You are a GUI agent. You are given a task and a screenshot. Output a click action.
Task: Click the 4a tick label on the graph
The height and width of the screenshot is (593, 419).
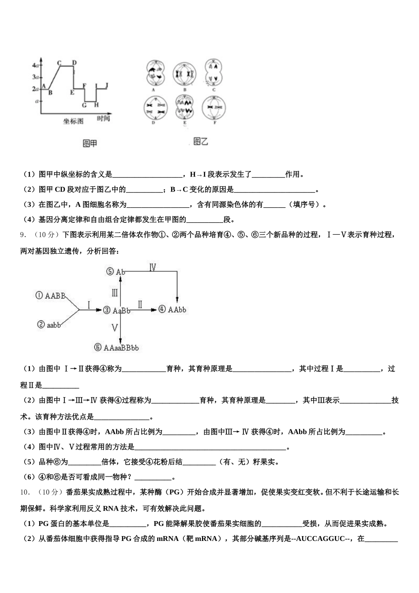pos(36,65)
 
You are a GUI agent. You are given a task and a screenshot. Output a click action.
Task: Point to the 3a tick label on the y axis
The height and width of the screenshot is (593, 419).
pos(36,77)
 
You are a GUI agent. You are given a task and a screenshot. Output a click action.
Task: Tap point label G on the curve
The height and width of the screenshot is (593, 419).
pos(84,105)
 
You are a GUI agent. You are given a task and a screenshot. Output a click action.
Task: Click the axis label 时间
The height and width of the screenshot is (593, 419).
pos(103,119)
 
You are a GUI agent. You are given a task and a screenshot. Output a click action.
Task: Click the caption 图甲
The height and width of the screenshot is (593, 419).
pos(90,143)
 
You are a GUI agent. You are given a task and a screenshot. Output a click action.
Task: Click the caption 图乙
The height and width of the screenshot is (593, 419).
pos(201,141)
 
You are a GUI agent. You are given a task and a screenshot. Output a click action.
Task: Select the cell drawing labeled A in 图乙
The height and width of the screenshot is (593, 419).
pos(154,73)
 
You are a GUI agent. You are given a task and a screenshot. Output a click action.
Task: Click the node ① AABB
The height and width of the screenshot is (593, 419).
pos(51,296)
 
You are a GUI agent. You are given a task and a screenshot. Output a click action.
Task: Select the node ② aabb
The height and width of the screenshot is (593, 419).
pos(49,325)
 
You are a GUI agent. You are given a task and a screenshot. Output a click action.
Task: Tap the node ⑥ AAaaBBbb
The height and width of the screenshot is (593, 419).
pos(116,348)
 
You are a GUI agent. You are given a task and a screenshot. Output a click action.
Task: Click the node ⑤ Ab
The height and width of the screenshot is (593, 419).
pos(116,272)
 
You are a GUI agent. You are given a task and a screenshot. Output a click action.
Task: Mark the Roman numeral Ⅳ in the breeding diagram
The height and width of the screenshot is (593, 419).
pos(153,268)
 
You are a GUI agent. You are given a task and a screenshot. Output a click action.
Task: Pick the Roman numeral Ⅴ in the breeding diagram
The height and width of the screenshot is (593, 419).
pos(115,327)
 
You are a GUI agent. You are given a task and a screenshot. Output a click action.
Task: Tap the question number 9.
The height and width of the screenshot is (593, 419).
pos(23,235)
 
